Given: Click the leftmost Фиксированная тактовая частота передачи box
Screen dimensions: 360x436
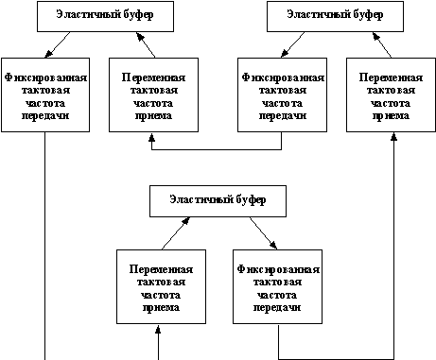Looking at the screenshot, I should point(46,94).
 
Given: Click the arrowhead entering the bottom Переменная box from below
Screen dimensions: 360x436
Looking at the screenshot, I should point(160,331).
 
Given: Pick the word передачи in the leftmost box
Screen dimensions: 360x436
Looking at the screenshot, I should point(46,115).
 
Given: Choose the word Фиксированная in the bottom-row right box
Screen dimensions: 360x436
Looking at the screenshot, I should point(278,267).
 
